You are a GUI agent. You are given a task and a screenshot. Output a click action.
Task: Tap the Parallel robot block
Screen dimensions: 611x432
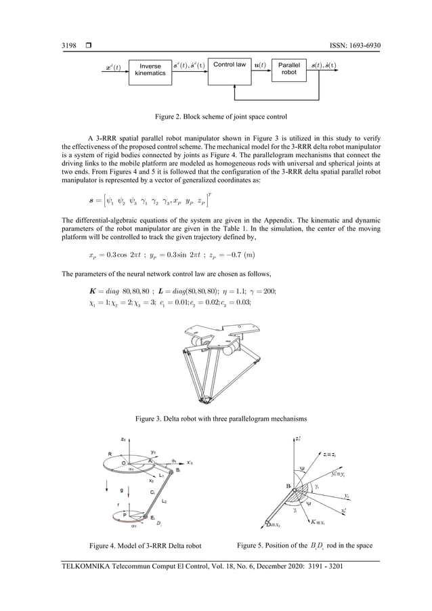289,70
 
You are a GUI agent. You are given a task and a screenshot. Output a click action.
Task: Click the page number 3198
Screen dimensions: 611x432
69,46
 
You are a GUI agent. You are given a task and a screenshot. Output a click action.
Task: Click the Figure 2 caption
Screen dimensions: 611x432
216,118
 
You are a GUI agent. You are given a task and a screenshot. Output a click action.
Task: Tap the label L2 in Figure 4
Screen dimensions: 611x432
164,501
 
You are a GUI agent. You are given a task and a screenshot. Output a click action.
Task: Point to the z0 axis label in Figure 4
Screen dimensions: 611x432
123,440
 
